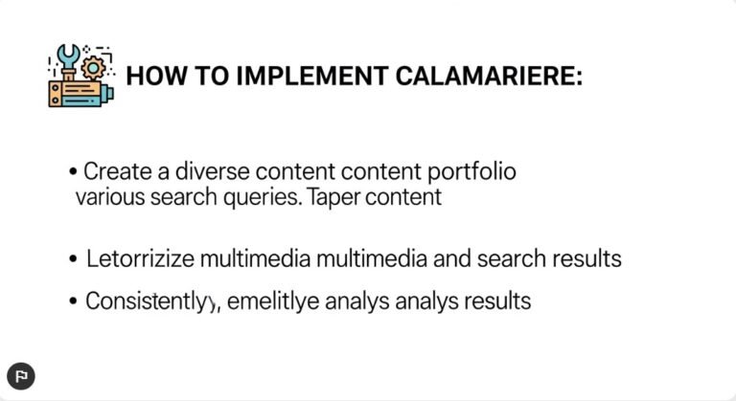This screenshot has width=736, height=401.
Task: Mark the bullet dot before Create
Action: tap(74, 173)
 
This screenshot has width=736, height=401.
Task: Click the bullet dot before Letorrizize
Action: tap(74, 260)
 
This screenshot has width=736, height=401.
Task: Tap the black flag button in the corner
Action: tap(21, 376)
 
